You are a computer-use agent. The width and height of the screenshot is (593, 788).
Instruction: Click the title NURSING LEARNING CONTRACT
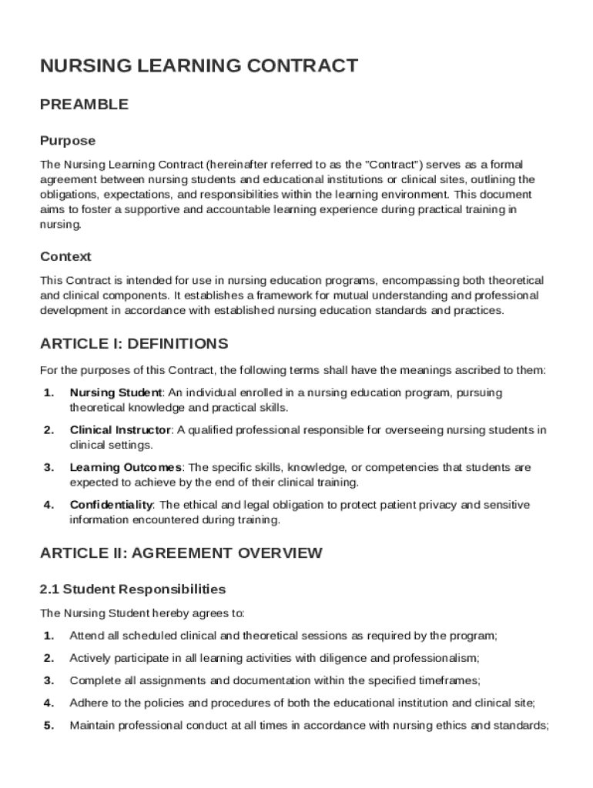(x=199, y=66)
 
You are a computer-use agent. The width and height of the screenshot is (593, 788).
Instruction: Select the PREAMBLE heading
(x=84, y=105)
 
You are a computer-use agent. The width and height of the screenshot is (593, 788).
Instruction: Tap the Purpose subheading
(x=68, y=141)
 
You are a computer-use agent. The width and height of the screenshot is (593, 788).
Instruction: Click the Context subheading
(x=65, y=256)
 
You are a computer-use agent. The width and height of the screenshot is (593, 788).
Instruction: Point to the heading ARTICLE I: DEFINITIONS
(x=134, y=343)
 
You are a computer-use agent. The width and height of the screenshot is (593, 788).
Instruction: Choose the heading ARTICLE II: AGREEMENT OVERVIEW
(x=181, y=553)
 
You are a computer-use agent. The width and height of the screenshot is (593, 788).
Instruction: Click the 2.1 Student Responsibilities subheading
(x=132, y=589)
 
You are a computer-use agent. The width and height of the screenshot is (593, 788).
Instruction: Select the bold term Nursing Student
(x=116, y=392)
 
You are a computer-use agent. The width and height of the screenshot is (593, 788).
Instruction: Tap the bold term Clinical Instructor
(x=119, y=430)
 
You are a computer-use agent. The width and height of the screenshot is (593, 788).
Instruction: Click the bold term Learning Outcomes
(x=126, y=468)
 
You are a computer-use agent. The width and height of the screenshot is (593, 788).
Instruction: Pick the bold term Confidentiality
(x=112, y=505)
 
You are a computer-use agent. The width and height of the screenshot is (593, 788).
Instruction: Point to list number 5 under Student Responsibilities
(x=49, y=725)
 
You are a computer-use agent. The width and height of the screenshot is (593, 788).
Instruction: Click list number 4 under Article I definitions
(x=49, y=505)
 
